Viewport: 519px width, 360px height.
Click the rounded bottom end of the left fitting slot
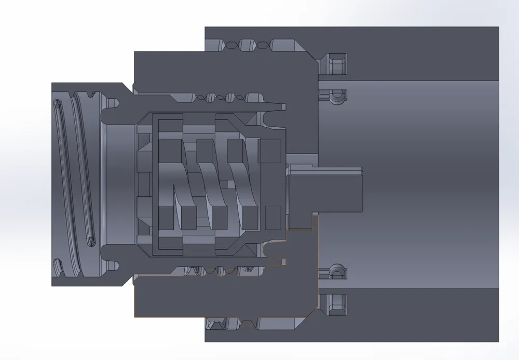91,241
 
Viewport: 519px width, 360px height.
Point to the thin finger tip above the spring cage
280,108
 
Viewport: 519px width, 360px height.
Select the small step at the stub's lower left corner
315,214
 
